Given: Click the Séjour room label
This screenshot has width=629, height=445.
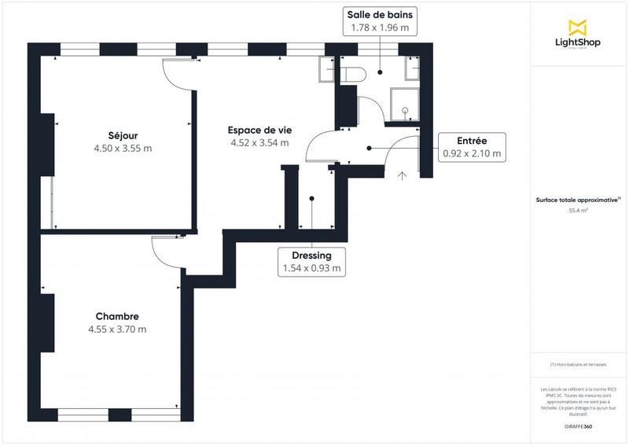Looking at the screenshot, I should pyautogui.click(x=119, y=134).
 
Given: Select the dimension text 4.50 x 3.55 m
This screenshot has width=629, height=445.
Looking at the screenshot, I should pyautogui.click(x=119, y=148).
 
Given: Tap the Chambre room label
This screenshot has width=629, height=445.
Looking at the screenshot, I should pyautogui.click(x=117, y=316).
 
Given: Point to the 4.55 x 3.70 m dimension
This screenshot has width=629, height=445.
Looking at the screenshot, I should pyautogui.click(x=117, y=329).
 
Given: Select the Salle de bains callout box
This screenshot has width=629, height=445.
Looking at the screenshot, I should pyautogui.click(x=380, y=21).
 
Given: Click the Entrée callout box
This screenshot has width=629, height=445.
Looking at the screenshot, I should pyautogui.click(x=472, y=147).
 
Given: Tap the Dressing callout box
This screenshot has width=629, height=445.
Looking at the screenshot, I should pyautogui.click(x=312, y=262).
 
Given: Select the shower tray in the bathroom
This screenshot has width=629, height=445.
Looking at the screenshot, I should pyautogui.click(x=406, y=102).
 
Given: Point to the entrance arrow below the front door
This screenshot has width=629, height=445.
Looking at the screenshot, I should pyautogui.click(x=403, y=175).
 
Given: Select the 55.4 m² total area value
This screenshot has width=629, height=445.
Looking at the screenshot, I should pyautogui.click(x=579, y=211).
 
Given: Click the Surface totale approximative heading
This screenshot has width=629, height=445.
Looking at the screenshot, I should pyautogui.click(x=579, y=200).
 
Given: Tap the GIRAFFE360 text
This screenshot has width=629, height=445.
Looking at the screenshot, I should pyautogui.click(x=578, y=425).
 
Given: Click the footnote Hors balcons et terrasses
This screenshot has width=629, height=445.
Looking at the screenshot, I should pyautogui.click(x=579, y=363).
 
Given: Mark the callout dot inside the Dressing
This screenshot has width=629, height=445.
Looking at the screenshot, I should pyautogui.click(x=312, y=198).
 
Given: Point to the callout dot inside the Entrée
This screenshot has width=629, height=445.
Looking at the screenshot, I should pyautogui.click(x=369, y=147).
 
